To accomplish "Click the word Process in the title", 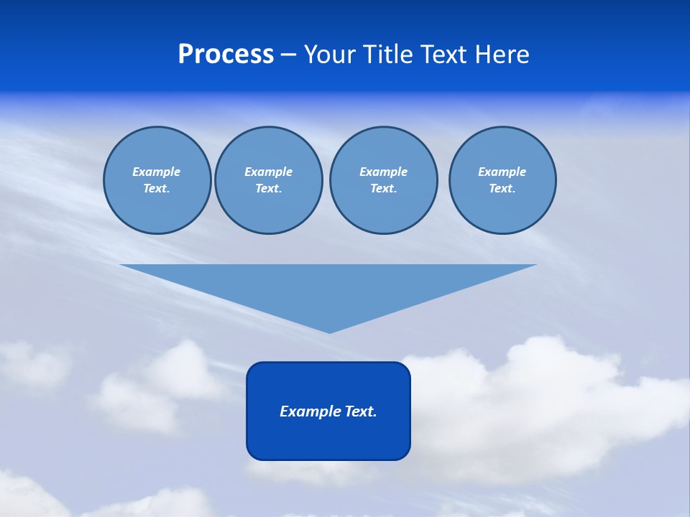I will [226, 55].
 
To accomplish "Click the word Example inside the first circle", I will [157, 172].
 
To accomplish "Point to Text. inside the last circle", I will [502, 188].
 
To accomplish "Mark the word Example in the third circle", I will [383, 172].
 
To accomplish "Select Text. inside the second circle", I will [268, 188].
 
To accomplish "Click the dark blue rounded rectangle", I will [328, 438].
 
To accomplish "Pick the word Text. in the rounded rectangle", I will [361, 411].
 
